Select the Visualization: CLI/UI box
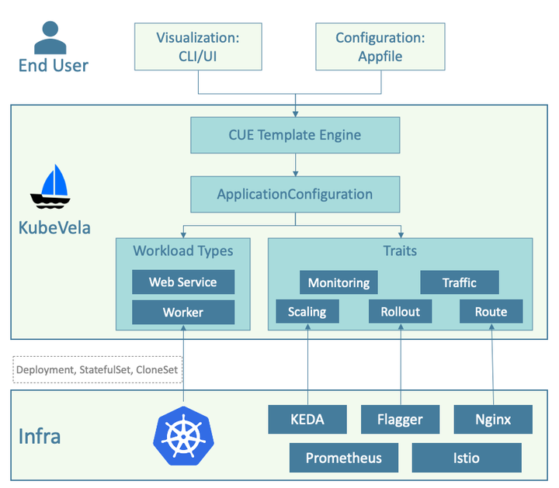[197, 47]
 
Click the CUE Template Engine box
[295, 135]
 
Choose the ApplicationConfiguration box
[295, 195]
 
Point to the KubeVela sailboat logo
[50, 188]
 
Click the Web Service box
[183, 282]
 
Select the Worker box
[183, 313]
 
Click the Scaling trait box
[307, 312]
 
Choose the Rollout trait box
[401, 312]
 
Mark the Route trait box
[491, 312]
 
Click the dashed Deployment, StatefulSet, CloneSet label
[98, 370]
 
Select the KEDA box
[307, 420]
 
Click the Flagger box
[401, 420]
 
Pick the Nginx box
[494, 420]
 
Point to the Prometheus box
[344, 458]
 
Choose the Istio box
[467, 458]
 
